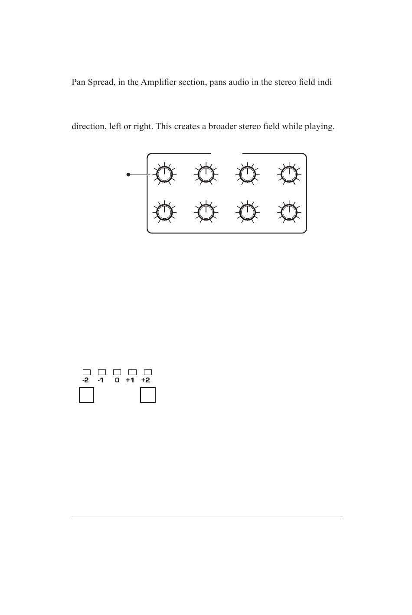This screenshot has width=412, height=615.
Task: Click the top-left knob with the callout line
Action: (164, 175)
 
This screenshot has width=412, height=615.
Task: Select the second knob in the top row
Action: (206, 175)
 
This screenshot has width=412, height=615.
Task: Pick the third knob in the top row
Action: (247, 175)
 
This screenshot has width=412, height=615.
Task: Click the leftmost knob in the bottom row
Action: (164, 212)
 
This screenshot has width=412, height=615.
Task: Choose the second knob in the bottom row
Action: (206, 212)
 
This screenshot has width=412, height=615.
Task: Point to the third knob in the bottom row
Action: (247, 212)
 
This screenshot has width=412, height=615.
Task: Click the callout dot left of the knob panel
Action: (128, 175)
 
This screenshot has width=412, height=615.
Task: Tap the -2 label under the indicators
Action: (86, 380)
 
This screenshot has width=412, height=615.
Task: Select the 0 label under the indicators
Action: (117, 380)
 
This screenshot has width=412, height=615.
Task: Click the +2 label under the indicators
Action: (146, 380)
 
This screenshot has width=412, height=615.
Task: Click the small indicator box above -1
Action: (102, 372)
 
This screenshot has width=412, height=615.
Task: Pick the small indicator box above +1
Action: (133, 372)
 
